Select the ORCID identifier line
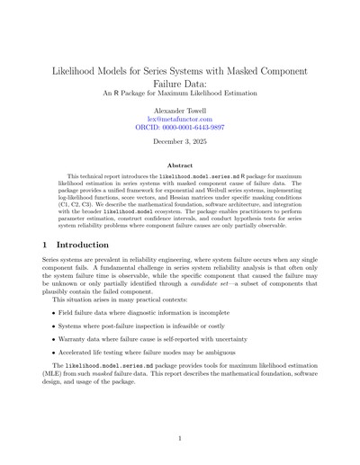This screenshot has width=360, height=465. pos(179,128)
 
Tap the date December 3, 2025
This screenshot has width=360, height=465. pos(179,144)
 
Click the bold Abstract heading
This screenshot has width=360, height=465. pos(179,165)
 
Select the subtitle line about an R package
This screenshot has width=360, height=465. pos(179,91)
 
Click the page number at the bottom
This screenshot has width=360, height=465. pos(179,437)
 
